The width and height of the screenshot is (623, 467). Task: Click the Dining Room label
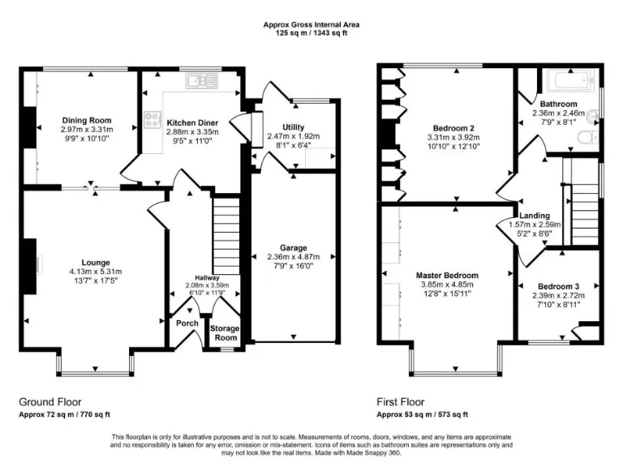coord(87,120)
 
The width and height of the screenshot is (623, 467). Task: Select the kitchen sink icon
coord(197,80)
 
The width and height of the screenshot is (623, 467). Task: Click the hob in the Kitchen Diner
coord(152,120)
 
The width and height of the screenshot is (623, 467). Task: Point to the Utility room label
coord(293,127)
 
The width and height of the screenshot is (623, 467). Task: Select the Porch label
coord(187,323)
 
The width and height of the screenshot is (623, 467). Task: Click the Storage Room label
coord(225,332)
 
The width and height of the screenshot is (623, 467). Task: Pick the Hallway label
coord(207,277)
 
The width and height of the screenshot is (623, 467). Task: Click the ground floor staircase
coord(226,235)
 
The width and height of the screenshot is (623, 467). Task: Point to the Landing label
coord(535,215)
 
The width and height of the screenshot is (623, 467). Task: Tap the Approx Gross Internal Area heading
coord(311,24)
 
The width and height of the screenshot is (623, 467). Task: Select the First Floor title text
coord(401,401)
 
